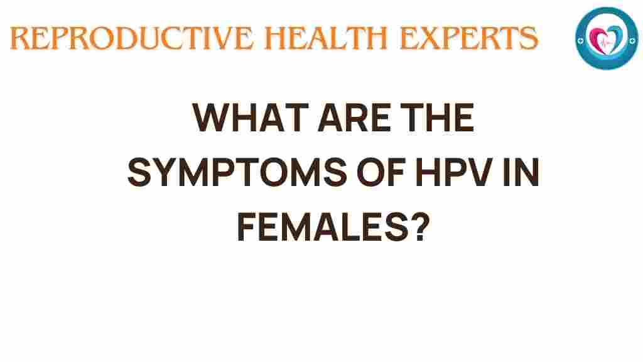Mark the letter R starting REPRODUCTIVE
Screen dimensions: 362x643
tap(19, 39)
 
